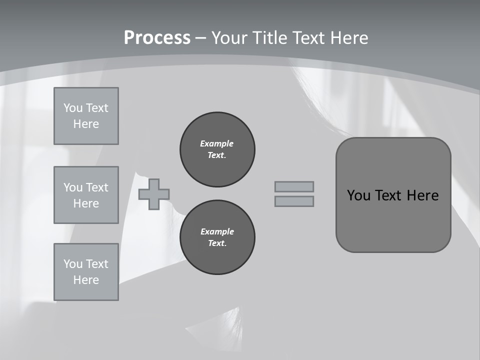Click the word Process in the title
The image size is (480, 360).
[x=157, y=38]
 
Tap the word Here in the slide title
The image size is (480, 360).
[x=348, y=38]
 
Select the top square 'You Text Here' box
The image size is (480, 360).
[x=86, y=116]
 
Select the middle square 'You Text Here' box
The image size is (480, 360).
[x=86, y=195]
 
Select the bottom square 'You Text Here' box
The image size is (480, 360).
[x=86, y=272]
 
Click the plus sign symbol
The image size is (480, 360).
[x=154, y=194]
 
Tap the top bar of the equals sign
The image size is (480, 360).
[x=294, y=186]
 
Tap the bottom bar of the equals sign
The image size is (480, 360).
[x=294, y=201]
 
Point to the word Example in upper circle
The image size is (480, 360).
[x=217, y=143]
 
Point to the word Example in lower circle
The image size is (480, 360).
[x=217, y=231]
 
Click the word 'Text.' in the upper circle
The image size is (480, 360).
[x=217, y=155]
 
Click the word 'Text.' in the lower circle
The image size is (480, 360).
[x=217, y=243]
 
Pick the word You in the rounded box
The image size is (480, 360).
[x=358, y=195]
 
